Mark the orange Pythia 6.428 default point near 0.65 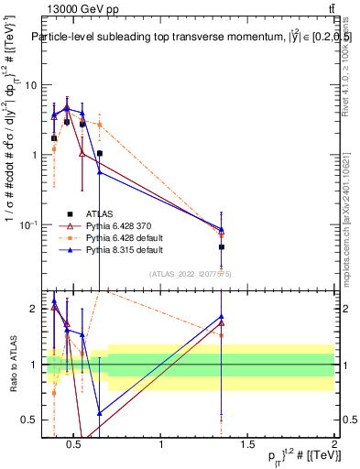pos(99,124)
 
